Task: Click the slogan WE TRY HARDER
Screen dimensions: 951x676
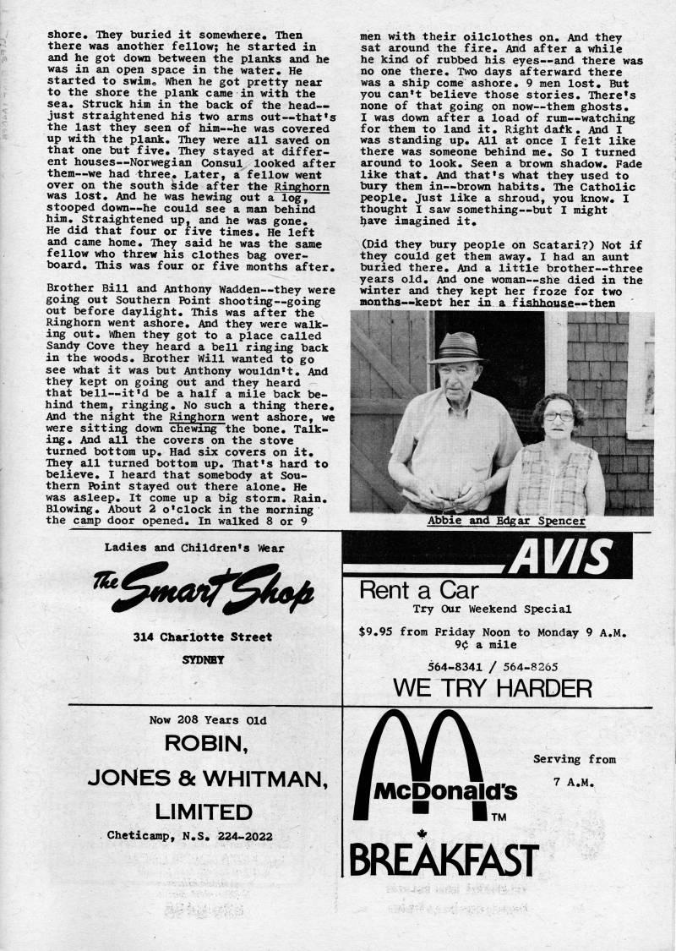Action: coord(492,688)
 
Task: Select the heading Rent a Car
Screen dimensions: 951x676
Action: coord(419,590)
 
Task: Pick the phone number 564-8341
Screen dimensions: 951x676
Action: coord(455,665)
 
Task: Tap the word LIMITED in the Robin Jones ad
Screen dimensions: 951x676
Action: coord(204,812)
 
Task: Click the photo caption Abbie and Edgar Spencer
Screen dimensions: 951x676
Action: coord(506,521)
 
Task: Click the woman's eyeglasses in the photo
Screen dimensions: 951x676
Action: coord(559,416)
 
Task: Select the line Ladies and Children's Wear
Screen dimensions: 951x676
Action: coord(194,548)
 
